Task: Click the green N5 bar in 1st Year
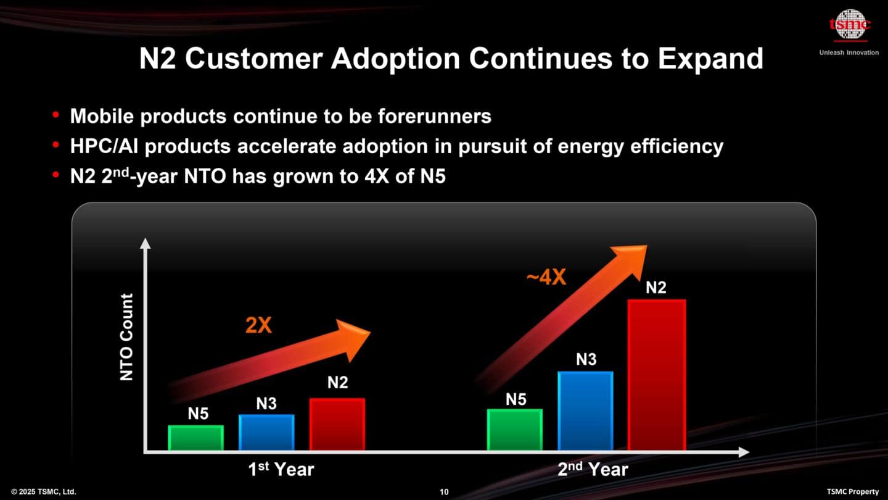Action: point(196,438)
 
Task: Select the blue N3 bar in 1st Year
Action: point(266,432)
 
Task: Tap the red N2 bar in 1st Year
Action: point(337,424)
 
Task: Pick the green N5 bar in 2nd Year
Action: point(515,430)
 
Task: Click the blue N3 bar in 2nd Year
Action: point(585,410)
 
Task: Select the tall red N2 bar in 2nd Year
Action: point(656,375)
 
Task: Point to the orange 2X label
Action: point(258,325)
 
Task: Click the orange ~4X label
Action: point(546,278)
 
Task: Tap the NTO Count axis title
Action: point(126,337)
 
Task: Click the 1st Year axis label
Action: point(281,469)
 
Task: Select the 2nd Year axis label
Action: point(593,469)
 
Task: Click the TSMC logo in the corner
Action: point(849,25)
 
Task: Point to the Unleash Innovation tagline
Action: point(849,52)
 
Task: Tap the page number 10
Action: point(444,492)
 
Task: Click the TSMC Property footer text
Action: point(852,492)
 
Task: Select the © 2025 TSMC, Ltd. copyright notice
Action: point(43,492)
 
